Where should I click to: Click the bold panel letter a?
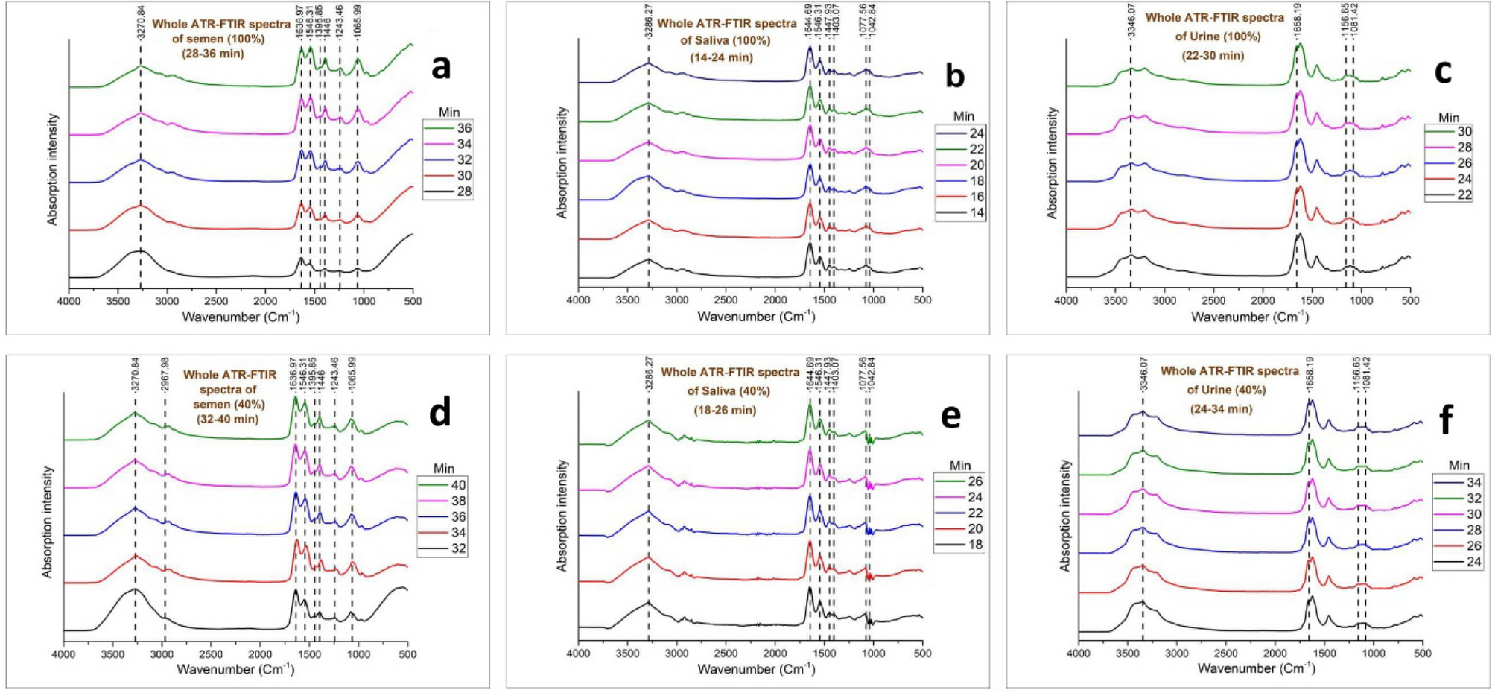[441, 67]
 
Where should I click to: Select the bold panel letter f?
[1445, 421]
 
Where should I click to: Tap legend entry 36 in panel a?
[463, 128]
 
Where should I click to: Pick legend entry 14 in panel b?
[977, 212]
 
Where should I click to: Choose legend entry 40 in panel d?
[458, 485]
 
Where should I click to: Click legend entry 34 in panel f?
[1473, 482]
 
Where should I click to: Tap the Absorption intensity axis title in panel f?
[1065, 516]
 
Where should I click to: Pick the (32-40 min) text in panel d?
[228, 419]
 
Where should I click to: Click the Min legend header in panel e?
[960, 466]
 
